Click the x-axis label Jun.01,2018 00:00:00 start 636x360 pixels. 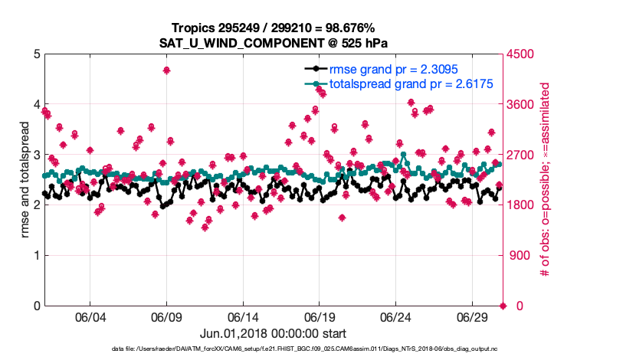[272, 333]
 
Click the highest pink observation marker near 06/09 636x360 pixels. [166, 70]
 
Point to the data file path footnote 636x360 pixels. [272, 349]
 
